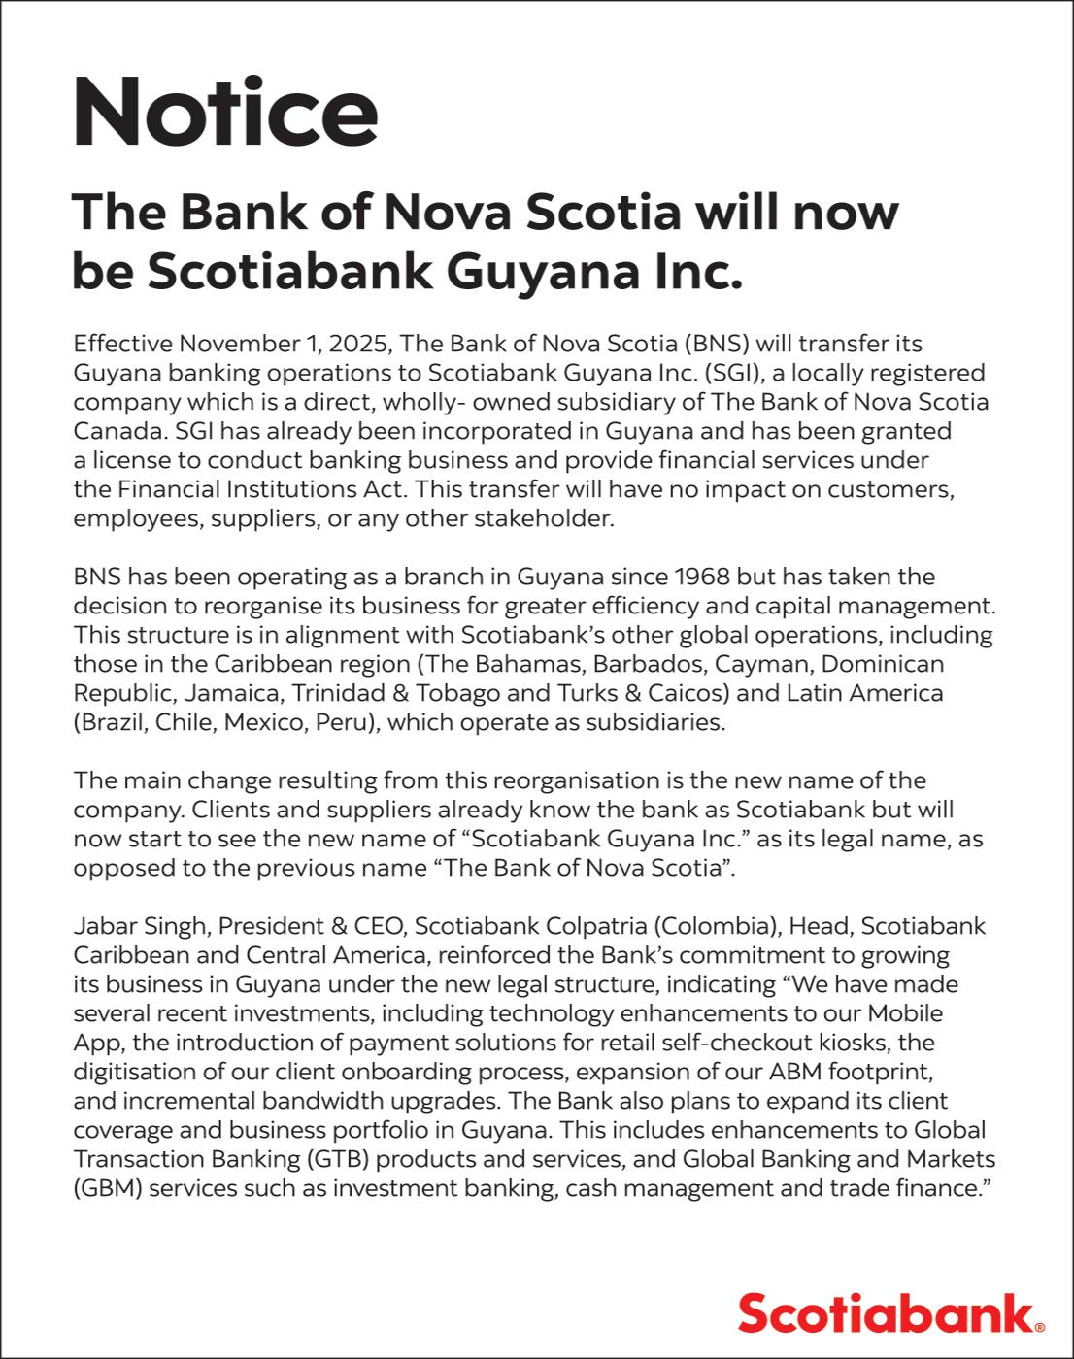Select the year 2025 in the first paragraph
(x=360, y=344)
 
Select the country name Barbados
(x=645, y=664)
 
